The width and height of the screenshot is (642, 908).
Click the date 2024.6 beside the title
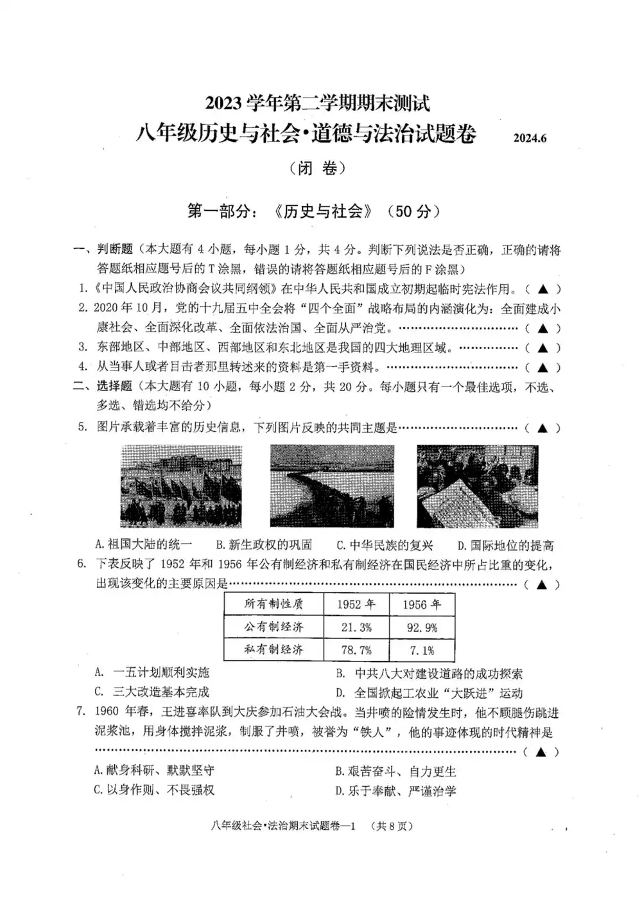(x=530, y=137)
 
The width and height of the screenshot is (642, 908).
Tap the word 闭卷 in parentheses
(x=318, y=168)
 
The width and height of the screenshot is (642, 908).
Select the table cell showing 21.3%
(x=356, y=627)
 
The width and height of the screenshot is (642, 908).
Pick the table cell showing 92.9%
(x=422, y=627)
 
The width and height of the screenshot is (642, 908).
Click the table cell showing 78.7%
(x=356, y=650)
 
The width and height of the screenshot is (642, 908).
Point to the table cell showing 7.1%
(x=422, y=650)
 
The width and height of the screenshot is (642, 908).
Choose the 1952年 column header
(x=356, y=604)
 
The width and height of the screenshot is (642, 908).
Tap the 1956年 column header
(x=422, y=604)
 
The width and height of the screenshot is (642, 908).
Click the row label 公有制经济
(x=273, y=627)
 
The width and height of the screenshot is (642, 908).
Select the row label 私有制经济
(x=273, y=649)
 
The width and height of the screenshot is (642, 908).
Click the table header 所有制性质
(x=273, y=604)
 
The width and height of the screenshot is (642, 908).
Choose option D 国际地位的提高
(x=505, y=546)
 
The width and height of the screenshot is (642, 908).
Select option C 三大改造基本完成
(x=152, y=692)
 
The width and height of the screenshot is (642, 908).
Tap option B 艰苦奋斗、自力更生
(x=395, y=771)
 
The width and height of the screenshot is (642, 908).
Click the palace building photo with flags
(x=181, y=485)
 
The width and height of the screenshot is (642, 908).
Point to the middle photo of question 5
(x=332, y=485)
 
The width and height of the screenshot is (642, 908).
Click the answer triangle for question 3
(x=542, y=348)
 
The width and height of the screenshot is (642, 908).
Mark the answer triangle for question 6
(x=542, y=584)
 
